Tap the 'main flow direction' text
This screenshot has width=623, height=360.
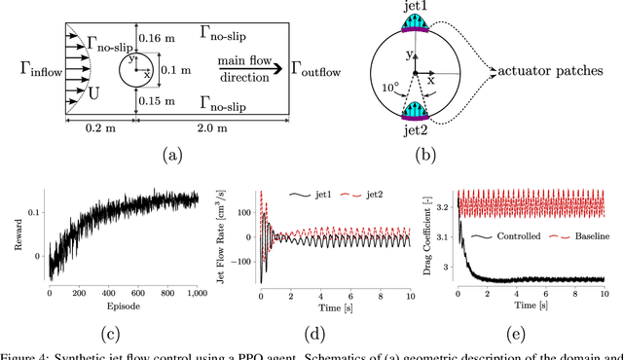tap(244, 68)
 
